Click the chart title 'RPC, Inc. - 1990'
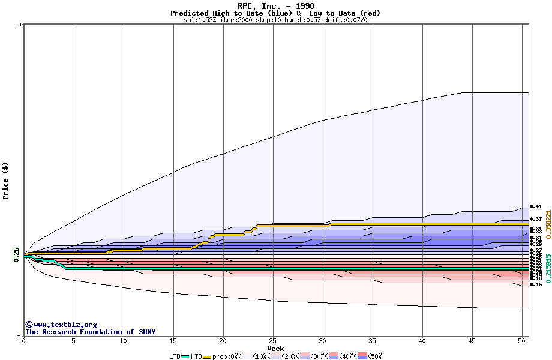[275, 6]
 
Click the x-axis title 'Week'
[275, 349]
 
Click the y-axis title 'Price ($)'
[6, 181]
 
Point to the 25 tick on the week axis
[273, 341]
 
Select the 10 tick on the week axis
[124, 341]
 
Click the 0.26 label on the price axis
[16, 254]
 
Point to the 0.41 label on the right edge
[536, 206]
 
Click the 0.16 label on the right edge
[536, 284]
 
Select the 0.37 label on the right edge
[536, 220]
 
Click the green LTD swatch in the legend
[185, 356]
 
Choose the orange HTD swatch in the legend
[208, 356]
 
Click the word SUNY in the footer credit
[145, 332]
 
